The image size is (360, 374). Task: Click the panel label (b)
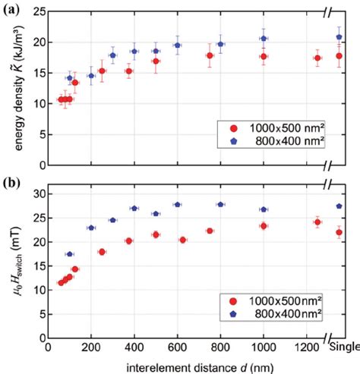pos(11,181)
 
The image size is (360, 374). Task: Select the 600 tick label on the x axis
pos(177,347)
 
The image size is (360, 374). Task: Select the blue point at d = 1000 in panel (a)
pos(264,38)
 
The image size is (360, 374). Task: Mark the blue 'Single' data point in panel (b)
pos(339,206)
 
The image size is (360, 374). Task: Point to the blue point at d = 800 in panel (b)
pos(220,204)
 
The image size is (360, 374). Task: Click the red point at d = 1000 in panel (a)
pos(264,56)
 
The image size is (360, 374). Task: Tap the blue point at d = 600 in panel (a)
pos(177,45)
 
